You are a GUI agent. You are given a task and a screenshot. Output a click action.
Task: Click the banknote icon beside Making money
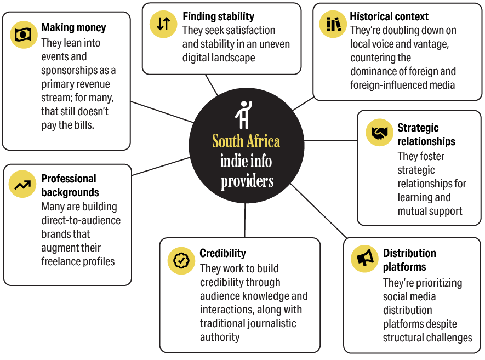click(24, 35)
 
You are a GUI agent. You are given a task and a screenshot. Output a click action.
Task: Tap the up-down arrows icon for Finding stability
click(163, 24)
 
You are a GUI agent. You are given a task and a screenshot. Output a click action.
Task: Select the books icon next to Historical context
click(333, 24)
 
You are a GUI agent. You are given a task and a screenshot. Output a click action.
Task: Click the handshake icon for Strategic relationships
click(379, 133)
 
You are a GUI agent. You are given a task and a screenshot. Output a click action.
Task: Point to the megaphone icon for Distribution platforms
click(364, 259)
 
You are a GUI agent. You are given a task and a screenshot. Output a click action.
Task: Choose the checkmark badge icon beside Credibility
click(181, 260)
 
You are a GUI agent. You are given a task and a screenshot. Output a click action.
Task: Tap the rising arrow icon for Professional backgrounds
click(22, 184)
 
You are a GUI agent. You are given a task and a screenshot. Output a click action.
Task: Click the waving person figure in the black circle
click(244, 115)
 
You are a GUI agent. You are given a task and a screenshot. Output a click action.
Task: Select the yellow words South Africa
click(246, 141)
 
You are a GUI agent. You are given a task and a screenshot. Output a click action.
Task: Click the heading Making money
click(73, 27)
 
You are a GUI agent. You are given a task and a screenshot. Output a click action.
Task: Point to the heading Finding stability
click(218, 16)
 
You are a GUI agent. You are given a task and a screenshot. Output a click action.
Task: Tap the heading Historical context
click(389, 16)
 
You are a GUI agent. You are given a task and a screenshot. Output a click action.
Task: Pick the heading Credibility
click(222, 253)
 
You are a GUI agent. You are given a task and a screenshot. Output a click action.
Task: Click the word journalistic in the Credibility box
click(273, 323)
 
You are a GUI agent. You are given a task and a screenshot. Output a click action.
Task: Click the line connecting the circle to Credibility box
click(245, 220)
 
